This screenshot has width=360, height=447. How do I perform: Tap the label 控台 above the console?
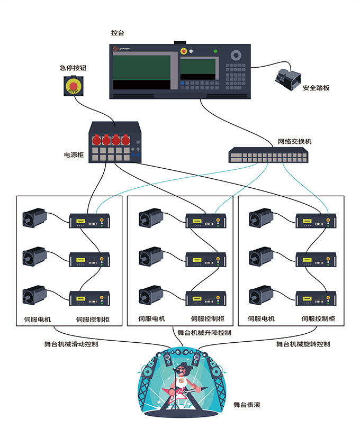coord(118,33)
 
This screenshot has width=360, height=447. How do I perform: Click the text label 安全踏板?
coord(316,88)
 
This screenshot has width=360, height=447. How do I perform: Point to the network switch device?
coord(268,156)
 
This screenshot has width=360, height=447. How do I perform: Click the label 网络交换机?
coord(295,142)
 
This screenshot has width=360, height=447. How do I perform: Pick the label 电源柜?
coord(75,155)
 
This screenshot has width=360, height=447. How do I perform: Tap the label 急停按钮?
coord(73,68)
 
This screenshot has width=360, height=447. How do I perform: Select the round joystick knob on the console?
coord(236,55)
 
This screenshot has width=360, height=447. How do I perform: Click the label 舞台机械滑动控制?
coord(71,344)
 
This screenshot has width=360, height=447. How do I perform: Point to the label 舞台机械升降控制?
coord(204,333)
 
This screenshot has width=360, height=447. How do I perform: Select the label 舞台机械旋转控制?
coord(303,344)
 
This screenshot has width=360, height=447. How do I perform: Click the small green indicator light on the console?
coord(215,51)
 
